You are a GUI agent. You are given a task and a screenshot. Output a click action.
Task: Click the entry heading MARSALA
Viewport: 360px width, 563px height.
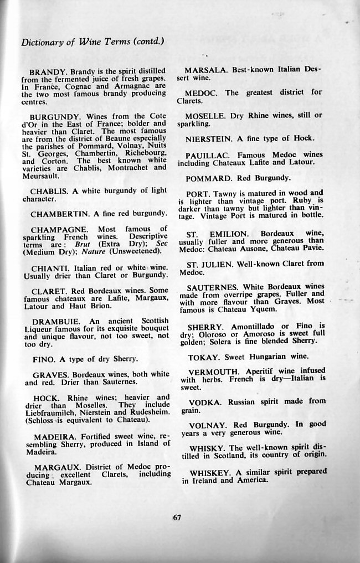click(x=206, y=70)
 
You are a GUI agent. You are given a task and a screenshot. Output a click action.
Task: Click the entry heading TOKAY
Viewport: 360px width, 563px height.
click(x=203, y=358)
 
